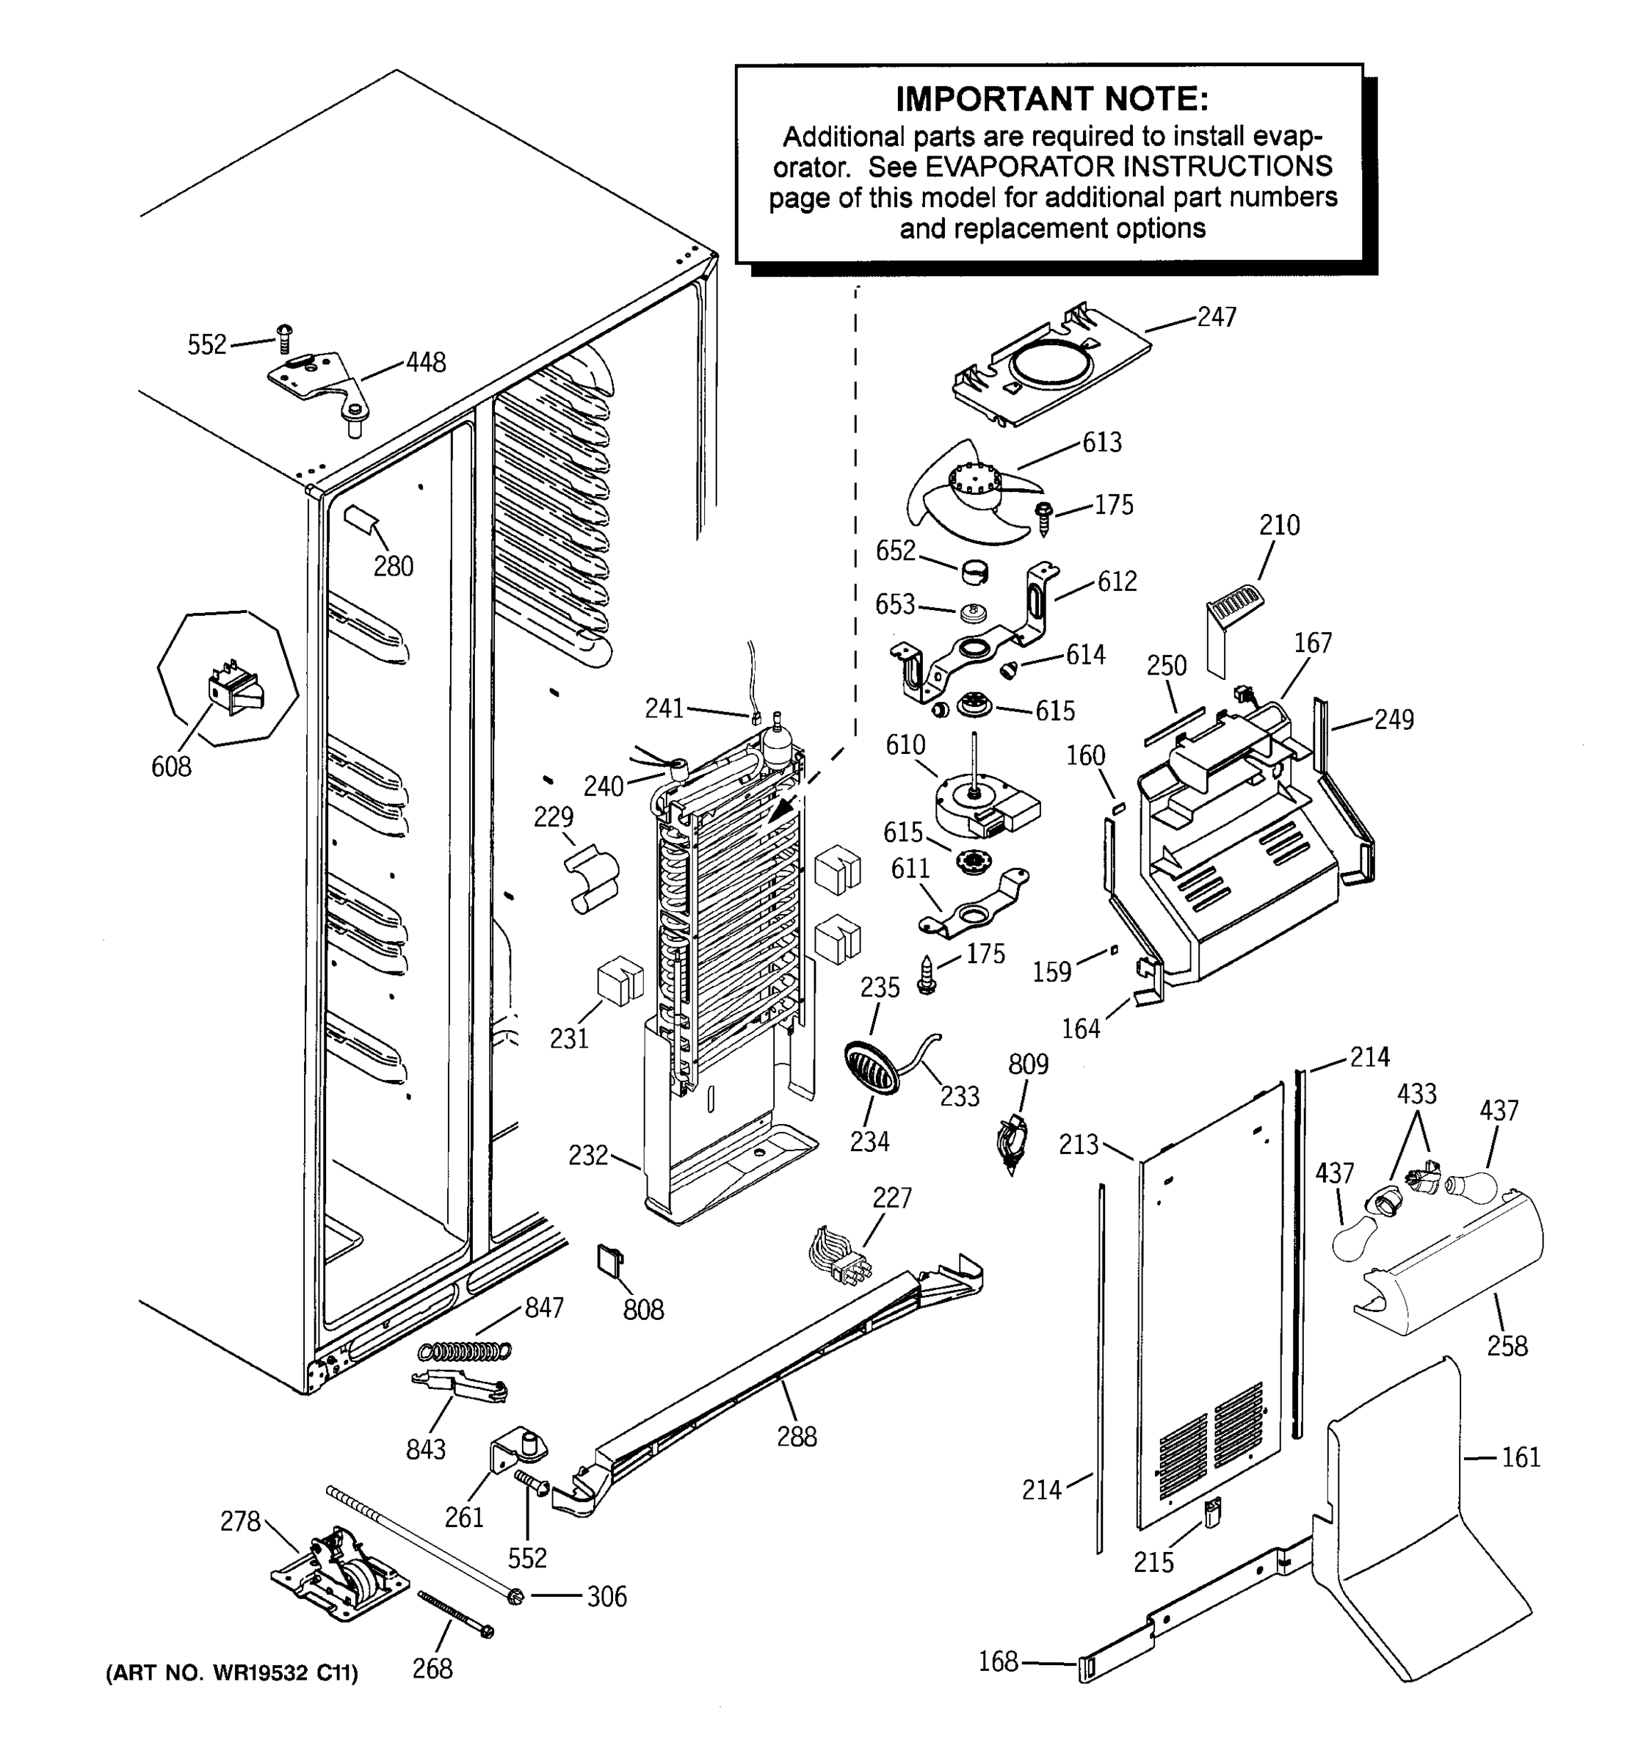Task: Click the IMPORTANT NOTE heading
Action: tap(1052, 99)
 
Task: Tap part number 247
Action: tap(1216, 316)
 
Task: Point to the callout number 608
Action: tap(171, 766)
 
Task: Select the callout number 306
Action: tap(607, 1596)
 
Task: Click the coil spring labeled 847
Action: tap(465, 1351)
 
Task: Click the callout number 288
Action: tap(797, 1436)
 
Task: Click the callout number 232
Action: tap(589, 1155)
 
